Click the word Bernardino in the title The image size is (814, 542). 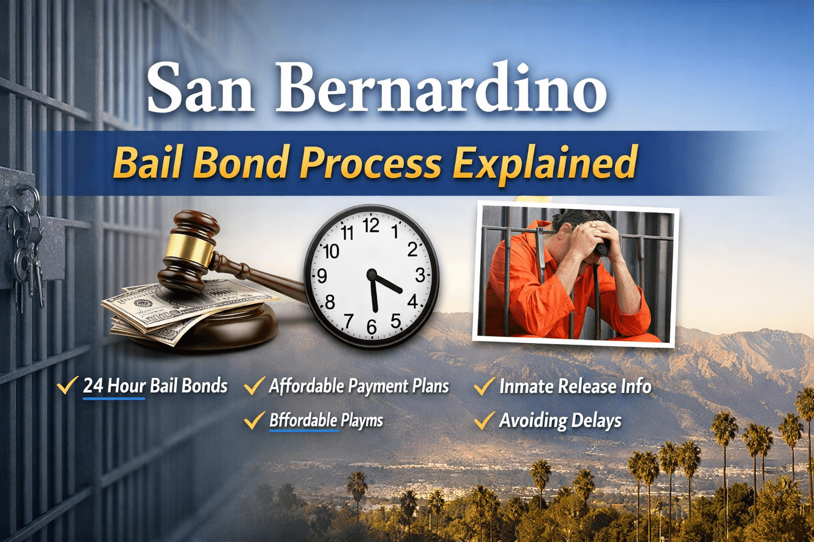point(441,88)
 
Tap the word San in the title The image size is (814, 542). point(200,88)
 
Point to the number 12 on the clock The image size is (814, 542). point(370,226)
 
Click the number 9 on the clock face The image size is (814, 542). point(322,276)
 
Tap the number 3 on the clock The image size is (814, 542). point(420,275)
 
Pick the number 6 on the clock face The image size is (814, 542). point(371,327)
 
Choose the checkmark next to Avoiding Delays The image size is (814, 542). point(484,421)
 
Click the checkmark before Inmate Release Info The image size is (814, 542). point(484,386)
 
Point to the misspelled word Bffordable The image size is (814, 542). point(303,421)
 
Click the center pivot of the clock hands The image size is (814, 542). point(371,275)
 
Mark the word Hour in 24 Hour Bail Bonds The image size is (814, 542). point(126,386)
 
